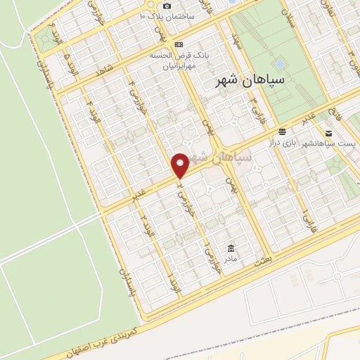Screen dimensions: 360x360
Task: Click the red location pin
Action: pos(181,165)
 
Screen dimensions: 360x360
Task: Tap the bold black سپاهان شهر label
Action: pos(250,81)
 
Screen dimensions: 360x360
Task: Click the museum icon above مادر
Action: pos(231,248)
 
